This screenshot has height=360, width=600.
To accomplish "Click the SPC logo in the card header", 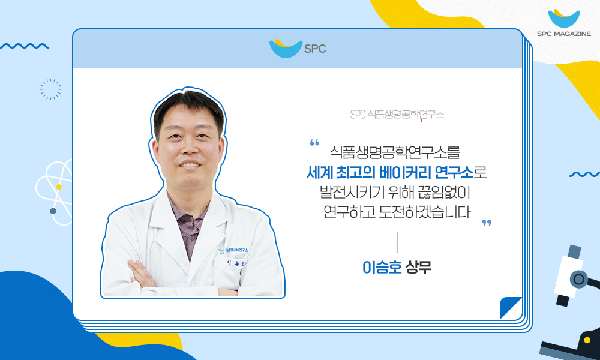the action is click(x=298, y=48).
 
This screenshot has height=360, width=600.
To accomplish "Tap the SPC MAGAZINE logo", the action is click(x=564, y=23).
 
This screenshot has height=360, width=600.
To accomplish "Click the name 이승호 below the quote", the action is click(x=382, y=267).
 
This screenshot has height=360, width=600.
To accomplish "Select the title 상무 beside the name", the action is click(x=419, y=267).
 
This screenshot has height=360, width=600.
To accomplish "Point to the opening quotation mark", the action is click(x=314, y=143).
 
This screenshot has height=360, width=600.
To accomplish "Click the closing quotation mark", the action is click(x=487, y=223).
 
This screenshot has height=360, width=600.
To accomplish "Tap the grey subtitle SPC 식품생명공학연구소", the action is click(x=397, y=115).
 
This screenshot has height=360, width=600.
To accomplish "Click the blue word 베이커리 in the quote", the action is click(x=405, y=173).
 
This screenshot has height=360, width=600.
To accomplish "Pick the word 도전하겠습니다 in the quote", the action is click(x=424, y=212).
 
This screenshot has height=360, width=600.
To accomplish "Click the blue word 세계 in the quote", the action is click(x=320, y=173).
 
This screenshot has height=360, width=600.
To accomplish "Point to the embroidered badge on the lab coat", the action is click(x=233, y=250).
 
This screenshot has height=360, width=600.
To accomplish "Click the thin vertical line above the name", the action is click(x=398, y=242).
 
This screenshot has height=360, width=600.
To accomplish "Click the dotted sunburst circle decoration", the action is click(x=50, y=89).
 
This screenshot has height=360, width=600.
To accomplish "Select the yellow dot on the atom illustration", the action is click(x=59, y=187).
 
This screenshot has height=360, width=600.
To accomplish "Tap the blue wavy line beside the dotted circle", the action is click(x=25, y=46).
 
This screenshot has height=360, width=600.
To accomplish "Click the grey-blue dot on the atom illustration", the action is click(x=53, y=211).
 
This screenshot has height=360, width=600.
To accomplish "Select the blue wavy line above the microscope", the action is click(x=584, y=175).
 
